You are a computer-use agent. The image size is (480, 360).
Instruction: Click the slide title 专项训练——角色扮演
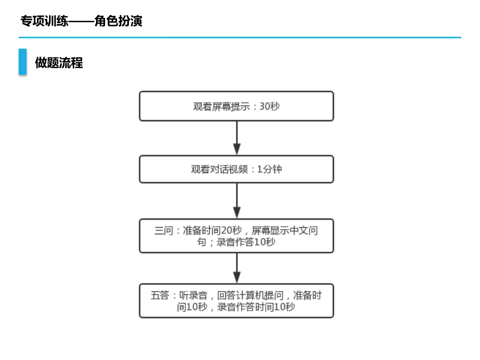point(81,21)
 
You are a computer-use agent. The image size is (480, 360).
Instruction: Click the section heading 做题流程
point(59,63)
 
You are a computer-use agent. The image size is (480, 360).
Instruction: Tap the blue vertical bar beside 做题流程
point(23,62)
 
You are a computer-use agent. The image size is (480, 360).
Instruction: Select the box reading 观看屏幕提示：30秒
point(236,106)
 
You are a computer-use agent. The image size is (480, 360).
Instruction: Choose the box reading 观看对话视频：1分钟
point(236,169)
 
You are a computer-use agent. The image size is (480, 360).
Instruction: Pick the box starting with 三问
point(236,236)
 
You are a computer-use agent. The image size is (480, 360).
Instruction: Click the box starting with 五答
point(236,301)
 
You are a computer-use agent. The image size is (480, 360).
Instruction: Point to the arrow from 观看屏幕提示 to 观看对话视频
point(236,138)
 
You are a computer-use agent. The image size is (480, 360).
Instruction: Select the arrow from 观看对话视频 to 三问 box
point(236,200)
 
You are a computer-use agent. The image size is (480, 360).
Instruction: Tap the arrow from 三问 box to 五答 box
point(236,268)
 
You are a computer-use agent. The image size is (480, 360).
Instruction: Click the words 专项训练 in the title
point(44,21)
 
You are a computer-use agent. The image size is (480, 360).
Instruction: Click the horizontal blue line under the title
point(240,37)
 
